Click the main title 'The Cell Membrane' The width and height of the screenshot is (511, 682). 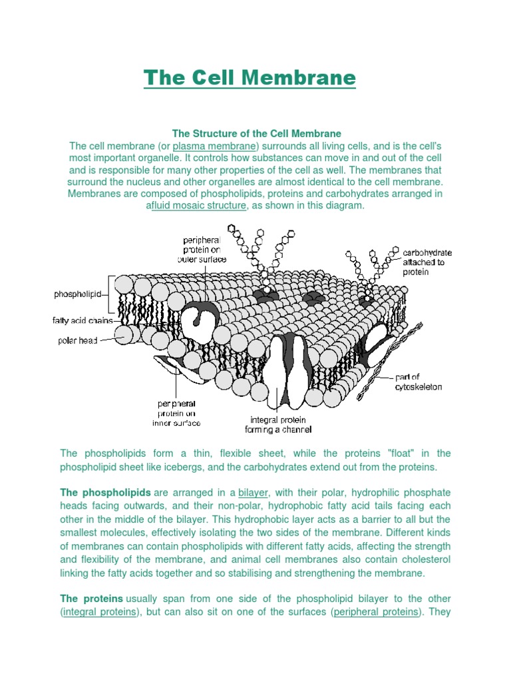[x=250, y=78]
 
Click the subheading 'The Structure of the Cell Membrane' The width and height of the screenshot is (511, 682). [x=256, y=134]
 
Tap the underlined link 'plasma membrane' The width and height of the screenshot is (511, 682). [x=214, y=146]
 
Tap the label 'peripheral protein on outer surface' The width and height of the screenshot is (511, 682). [x=206, y=249]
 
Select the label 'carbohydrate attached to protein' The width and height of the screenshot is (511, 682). [x=428, y=262]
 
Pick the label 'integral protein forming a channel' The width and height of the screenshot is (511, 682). [x=278, y=425]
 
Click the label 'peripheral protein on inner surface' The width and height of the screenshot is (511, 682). [x=176, y=413]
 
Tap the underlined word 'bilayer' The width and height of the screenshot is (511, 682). [x=253, y=493]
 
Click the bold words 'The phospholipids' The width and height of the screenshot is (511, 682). [x=105, y=493]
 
